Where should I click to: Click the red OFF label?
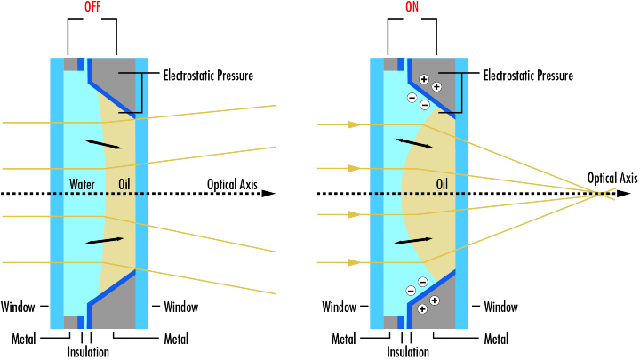(x=92, y=7)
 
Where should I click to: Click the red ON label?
(x=412, y=7)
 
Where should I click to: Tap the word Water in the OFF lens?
(x=82, y=185)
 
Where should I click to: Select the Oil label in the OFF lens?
(x=124, y=185)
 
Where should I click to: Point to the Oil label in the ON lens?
(x=442, y=185)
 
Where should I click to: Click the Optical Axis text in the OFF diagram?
(x=232, y=185)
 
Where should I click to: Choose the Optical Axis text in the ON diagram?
(x=612, y=179)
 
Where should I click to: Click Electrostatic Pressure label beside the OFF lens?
(x=208, y=76)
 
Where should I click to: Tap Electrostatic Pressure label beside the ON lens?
(x=528, y=76)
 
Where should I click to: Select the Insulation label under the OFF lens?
(x=88, y=352)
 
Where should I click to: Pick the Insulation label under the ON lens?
(x=408, y=352)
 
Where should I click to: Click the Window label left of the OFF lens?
(x=18, y=307)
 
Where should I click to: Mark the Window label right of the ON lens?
(x=500, y=307)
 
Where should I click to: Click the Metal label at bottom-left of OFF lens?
(x=24, y=339)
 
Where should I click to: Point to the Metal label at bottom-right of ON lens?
(x=496, y=339)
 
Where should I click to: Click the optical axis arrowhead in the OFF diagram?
(x=268, y=194)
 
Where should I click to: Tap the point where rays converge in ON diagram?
(x=601, y=194)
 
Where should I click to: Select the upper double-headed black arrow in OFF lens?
(x=103, y=144)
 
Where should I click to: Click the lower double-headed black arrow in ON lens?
(x=413, y=241)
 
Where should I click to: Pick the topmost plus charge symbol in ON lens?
(x=424, y=79)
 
